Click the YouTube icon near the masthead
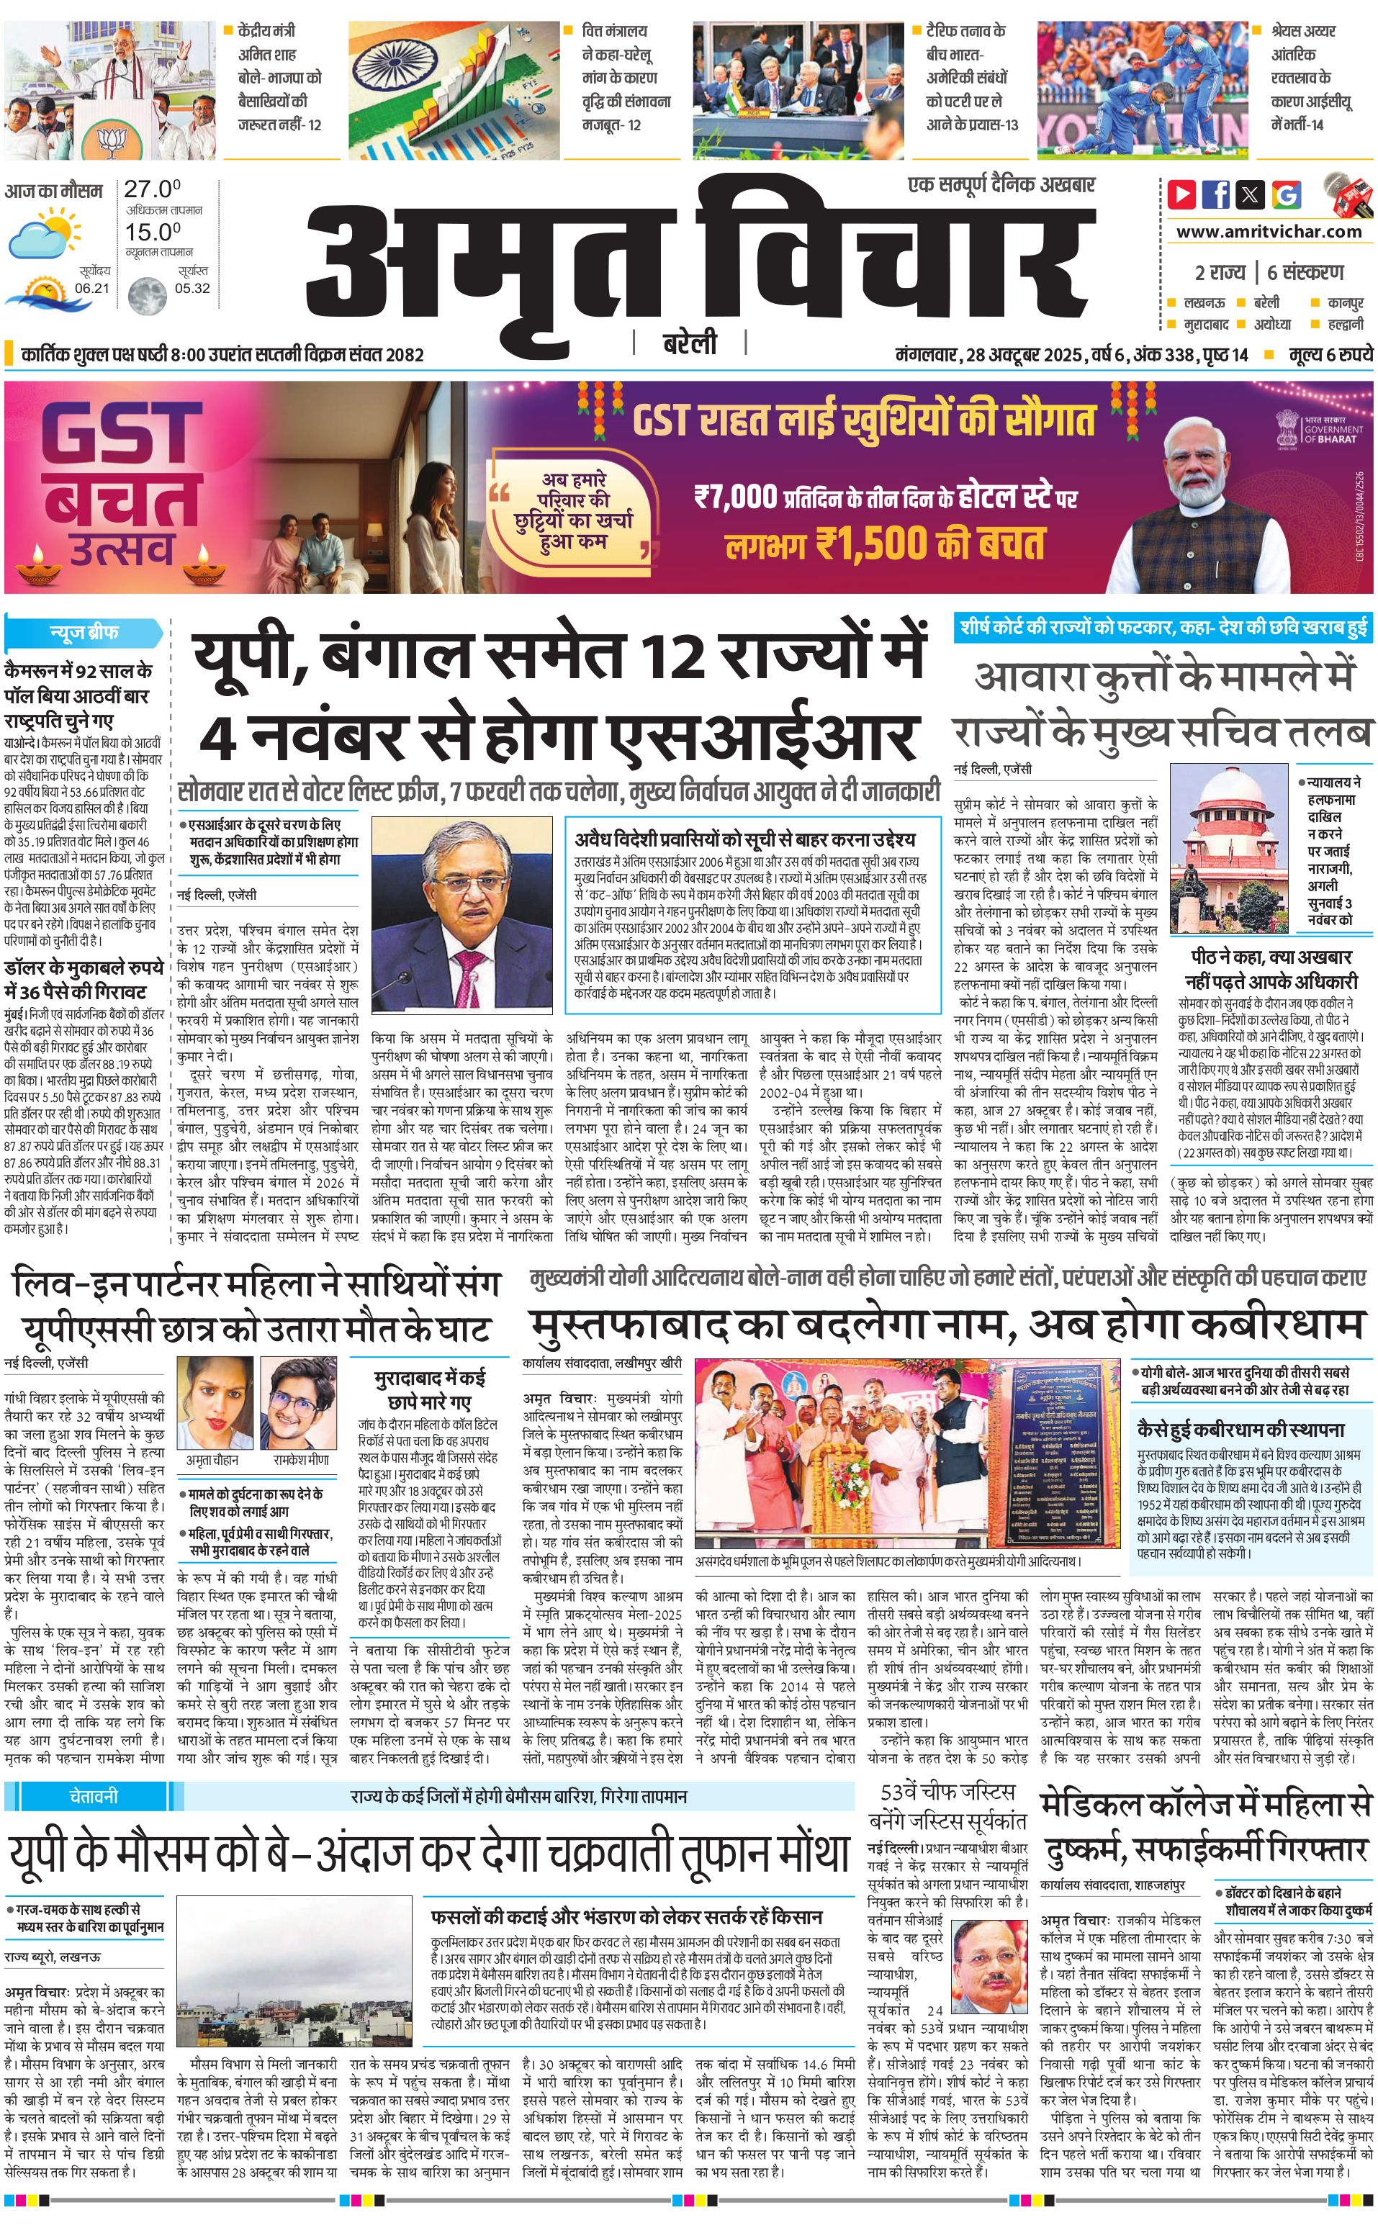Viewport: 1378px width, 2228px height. pyautogui.click(x=1182, y=194)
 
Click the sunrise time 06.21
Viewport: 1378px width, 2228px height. pyautogui.click(x=92, y=288)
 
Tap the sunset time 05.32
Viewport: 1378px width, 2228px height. pyautogui.click(x=192, y=288)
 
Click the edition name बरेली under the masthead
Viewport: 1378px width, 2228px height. pyautogui.click(x=689, y=344)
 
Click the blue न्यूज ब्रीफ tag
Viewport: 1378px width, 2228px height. pyautogui.click(x=84, y=632)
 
